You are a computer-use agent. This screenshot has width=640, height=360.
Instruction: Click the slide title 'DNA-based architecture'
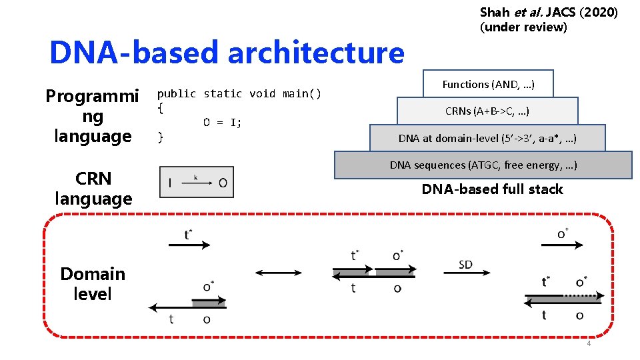(x=227, y=52)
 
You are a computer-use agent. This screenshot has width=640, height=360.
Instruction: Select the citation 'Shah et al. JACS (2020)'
(x=548, y=12)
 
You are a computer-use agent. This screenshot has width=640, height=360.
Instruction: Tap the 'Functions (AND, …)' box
(x=488, y=84)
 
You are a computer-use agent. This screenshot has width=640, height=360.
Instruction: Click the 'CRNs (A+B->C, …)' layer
(x=487, y=111)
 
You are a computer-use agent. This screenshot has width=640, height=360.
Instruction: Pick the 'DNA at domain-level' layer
(x=487, y=139)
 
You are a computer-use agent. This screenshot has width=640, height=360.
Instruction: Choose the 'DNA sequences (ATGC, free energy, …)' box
(x=483, y=165)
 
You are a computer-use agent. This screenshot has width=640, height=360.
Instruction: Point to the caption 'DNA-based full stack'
(x=492, y=189)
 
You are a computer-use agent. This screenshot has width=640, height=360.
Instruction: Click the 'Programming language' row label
(x=92, y=116)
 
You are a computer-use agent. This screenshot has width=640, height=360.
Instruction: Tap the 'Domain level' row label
(x=92, y=283)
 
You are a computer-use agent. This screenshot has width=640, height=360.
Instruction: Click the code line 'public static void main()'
(x=239, y=94)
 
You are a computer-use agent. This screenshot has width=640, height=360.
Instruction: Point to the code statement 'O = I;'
(x=223, y=122)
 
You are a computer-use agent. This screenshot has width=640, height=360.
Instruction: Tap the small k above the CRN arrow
(x=195, y=177)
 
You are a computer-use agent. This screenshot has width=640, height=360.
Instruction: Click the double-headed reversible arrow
(x=278, y=272)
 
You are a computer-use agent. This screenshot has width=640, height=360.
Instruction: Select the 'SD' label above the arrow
(x=465, y=265)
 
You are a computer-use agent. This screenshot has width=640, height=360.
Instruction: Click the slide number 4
(x=588, y=344)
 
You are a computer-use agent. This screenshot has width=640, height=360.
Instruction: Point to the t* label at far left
(x=189, y=235)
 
